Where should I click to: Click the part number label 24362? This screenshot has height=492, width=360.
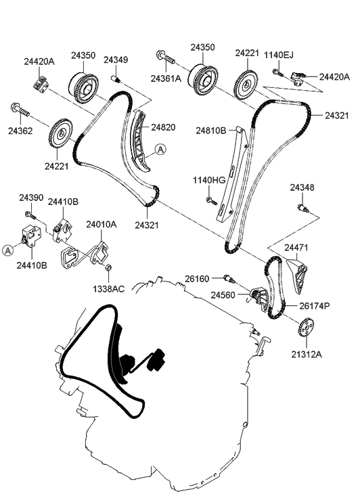coord(20,131)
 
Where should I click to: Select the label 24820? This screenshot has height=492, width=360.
coord(163,127)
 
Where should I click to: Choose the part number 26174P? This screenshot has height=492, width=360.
coord(315,306)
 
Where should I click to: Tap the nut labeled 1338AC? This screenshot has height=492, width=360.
coord(108,267)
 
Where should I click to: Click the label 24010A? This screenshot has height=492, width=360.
coord(102,225)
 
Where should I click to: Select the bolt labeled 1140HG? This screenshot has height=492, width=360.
coord(212,201)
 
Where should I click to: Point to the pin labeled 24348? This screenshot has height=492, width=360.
coord(302,208)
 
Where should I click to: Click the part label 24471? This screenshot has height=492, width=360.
coord(296,247)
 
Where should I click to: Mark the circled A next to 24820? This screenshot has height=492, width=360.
coord(160,150)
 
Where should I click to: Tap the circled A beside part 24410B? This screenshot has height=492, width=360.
coord(7,250)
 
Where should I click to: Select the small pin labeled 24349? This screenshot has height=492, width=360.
coord(116,79)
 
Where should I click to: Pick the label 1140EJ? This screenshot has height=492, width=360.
coord(279,55)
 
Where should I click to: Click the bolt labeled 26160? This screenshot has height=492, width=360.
coord(229,278)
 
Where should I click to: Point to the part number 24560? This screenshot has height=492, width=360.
coord(223,295)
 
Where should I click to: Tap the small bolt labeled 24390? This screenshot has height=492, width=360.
coord(30,215)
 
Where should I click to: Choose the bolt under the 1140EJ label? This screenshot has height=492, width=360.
coord(277,73)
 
